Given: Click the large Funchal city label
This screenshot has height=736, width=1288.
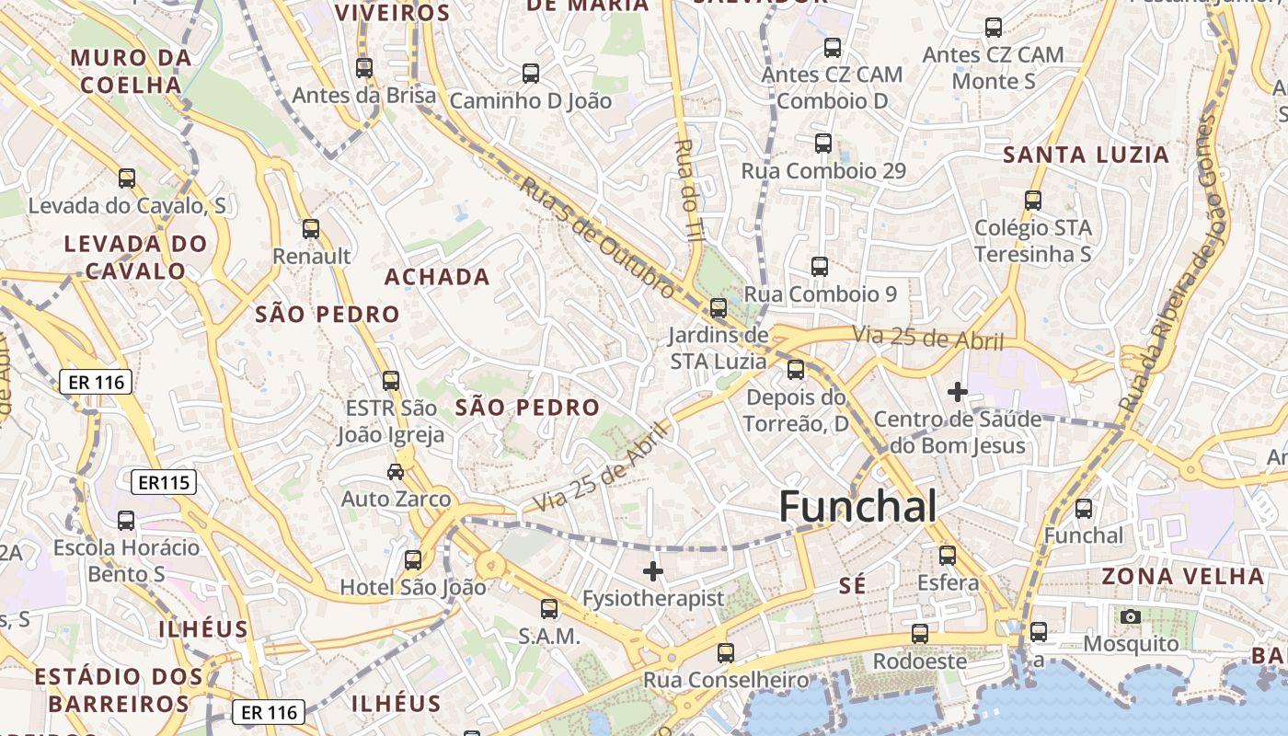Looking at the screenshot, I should [857, 507].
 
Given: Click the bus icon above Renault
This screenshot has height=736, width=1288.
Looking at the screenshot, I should [311, 229].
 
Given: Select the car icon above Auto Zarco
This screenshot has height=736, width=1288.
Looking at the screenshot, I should [396, 472].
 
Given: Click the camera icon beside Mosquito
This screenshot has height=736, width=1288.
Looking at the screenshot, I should [1131, 616].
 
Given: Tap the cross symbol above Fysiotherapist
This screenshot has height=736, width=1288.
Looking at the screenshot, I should [653, 571].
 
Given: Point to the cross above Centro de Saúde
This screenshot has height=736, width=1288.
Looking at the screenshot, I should [958, 392].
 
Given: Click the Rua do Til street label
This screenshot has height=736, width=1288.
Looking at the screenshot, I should [689, 190].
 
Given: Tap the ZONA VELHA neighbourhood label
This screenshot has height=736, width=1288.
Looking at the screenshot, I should [1183, 577].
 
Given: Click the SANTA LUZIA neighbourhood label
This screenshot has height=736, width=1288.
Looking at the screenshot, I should [1086, 155].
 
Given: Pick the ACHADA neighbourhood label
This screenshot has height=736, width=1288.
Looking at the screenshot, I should [437, 277].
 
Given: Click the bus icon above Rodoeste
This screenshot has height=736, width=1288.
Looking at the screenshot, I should [919, 634].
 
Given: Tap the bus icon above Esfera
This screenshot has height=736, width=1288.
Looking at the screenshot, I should [948, 556].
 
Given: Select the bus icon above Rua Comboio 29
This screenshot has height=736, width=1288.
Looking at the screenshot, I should [823, 144].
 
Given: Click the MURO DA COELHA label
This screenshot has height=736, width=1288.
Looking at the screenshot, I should [132, 72].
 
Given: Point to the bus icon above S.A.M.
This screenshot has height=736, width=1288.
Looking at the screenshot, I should [549, 609].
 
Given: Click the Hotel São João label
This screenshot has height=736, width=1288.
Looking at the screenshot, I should [413, 587].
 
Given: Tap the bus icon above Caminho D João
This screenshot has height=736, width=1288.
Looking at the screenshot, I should [531, 74].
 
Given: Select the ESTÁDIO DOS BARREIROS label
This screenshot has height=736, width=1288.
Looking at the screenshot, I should [119, 690].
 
